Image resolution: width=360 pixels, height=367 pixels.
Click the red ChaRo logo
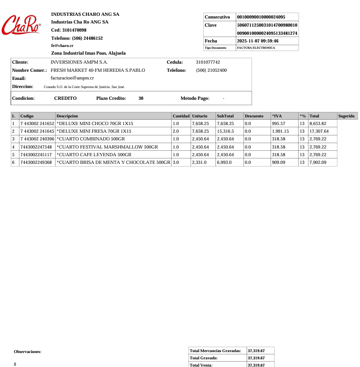click(21, 25)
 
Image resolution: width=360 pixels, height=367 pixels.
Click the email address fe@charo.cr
click(62, 46)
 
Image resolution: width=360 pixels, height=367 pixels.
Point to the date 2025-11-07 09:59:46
click(257, 41)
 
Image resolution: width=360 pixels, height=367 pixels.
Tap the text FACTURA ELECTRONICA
click(256, 48)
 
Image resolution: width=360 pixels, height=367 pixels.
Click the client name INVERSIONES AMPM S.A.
click(79, 62)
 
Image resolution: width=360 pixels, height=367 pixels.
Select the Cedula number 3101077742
click(208, 62)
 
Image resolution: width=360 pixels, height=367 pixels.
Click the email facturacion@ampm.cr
click(72, 78)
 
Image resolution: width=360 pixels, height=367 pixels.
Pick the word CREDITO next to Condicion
click(65, 98)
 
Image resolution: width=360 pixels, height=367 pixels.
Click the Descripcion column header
click(67, 116)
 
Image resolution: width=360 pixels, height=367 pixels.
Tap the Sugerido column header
click(346, 116)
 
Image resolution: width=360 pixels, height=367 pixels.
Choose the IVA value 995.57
click(279, 124)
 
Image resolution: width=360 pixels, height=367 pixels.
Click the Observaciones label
click(28, 352)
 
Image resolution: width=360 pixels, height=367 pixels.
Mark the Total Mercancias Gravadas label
click(215, 351)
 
